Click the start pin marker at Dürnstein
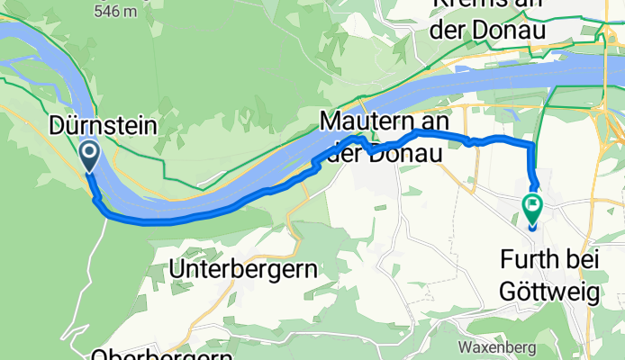(x=91, y=156)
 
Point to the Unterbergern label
(x=244, y=268)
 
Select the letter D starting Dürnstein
(x=56, y=127)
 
